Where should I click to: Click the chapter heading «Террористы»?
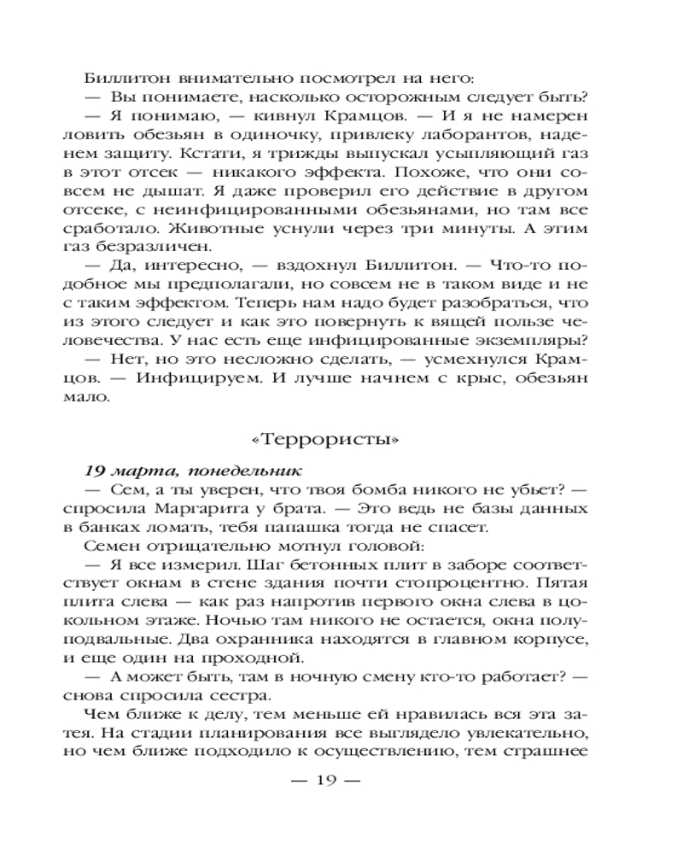coord(340,442)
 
